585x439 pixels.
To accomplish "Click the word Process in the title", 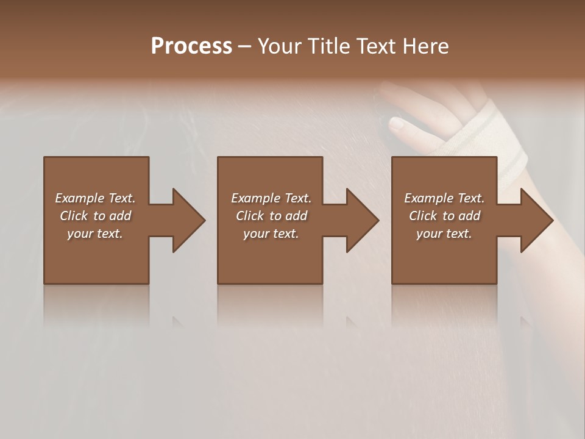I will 191,46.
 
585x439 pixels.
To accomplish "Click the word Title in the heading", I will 330,46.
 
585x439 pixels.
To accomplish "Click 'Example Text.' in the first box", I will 95,198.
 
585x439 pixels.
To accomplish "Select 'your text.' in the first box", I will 95,234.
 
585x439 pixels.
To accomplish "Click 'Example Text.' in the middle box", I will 271,198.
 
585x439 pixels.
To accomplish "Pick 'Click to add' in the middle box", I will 271,216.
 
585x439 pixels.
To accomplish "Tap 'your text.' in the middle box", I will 271,234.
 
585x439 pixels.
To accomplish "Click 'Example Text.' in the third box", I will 444,198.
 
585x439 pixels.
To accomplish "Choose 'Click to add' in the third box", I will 444,216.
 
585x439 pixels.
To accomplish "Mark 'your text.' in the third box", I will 444,234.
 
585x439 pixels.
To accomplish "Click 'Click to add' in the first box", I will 95,216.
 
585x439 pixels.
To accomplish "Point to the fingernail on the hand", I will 397,125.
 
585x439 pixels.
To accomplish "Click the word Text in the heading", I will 377,46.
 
